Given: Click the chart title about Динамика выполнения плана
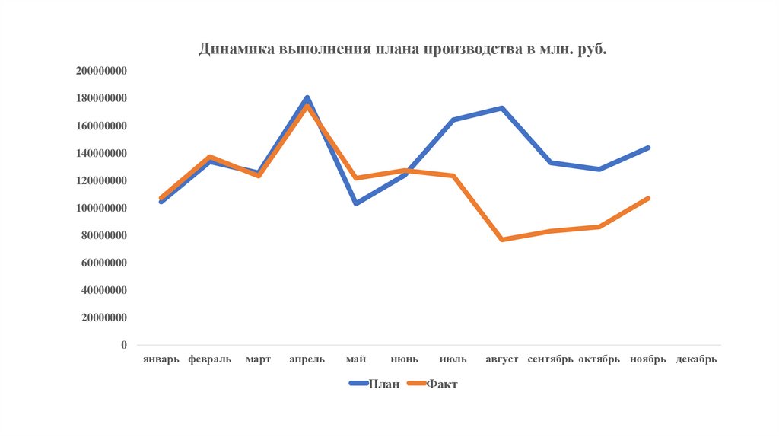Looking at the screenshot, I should click(403, 49).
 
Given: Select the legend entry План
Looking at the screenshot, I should click(383, 384).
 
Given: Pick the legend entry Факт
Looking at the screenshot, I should click(441, 384).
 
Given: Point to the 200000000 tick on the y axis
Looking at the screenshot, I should click(101, 71).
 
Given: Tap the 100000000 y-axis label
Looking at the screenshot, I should click(101, 208).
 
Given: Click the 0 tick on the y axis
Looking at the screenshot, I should click(123, 345).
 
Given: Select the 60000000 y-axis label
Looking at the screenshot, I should click(104, 263).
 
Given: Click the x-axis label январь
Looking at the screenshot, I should click(161, 359).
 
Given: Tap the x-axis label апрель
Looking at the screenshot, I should click(307, 359).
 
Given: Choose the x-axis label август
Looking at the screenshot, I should click(501, 359).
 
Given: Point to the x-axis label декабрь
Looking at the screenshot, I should click(696, 359).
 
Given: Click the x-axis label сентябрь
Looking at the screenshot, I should click(550, 359).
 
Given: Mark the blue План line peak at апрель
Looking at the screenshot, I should click(307, 97).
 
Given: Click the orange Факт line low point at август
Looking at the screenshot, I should click(502, 240).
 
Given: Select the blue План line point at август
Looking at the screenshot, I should click(502, 108).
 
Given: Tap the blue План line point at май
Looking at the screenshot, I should click(356, 203).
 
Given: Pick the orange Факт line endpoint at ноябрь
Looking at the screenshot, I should click(648, 199).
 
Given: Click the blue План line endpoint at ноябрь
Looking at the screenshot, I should click(648, 148).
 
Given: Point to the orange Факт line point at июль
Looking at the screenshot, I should click(453, 176).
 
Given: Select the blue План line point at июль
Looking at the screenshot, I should click(453, 120).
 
